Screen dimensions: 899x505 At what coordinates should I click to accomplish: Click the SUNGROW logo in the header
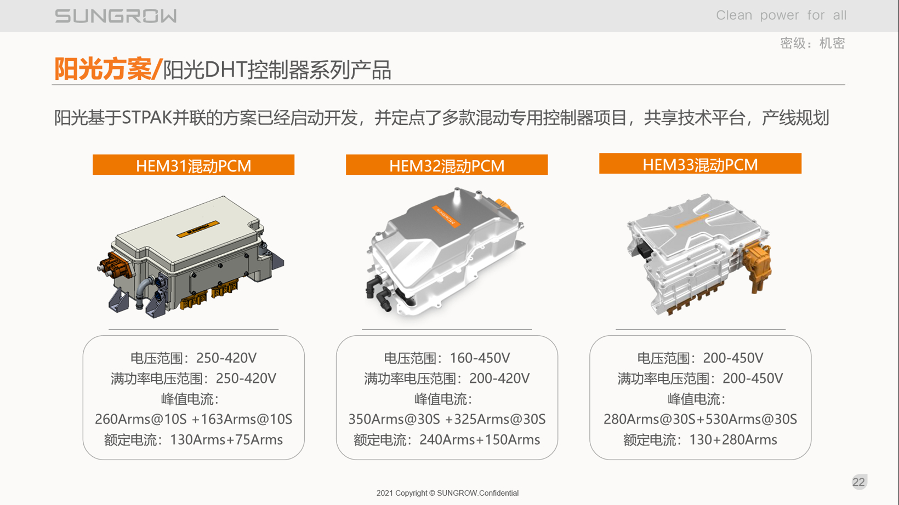pos(116,16)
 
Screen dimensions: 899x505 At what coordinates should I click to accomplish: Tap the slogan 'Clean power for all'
pos(781,15)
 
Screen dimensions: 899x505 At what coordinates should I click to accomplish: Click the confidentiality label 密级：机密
pos(812,43)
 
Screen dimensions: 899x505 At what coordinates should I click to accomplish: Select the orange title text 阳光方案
pos(103,69)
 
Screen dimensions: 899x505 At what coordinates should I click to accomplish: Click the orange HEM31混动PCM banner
pos(194,165)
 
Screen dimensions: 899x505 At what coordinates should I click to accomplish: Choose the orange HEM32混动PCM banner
pos(447,165)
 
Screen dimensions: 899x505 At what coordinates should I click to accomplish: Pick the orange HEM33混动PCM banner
pos(701,164)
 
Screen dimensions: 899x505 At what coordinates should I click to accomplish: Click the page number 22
pos(858,482)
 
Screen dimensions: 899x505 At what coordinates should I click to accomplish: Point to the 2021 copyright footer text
pos(447,493)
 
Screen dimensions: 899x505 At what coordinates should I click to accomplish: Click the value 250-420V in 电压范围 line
pos(226,358)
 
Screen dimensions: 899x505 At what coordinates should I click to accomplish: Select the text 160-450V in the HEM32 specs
pos(480,358)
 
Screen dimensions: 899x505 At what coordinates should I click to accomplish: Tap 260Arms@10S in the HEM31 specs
pos(141,419)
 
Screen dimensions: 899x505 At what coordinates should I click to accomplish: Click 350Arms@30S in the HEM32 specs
pos(394,419)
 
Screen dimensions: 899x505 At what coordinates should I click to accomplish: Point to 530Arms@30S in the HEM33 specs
pos(752,419)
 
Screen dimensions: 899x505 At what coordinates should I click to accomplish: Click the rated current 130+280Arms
pos(733,440)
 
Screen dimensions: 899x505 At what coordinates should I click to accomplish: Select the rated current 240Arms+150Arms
pos(480,440)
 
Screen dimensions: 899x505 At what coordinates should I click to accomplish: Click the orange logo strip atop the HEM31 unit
pos(198,228)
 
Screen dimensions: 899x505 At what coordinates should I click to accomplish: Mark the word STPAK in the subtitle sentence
pos(146,118)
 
